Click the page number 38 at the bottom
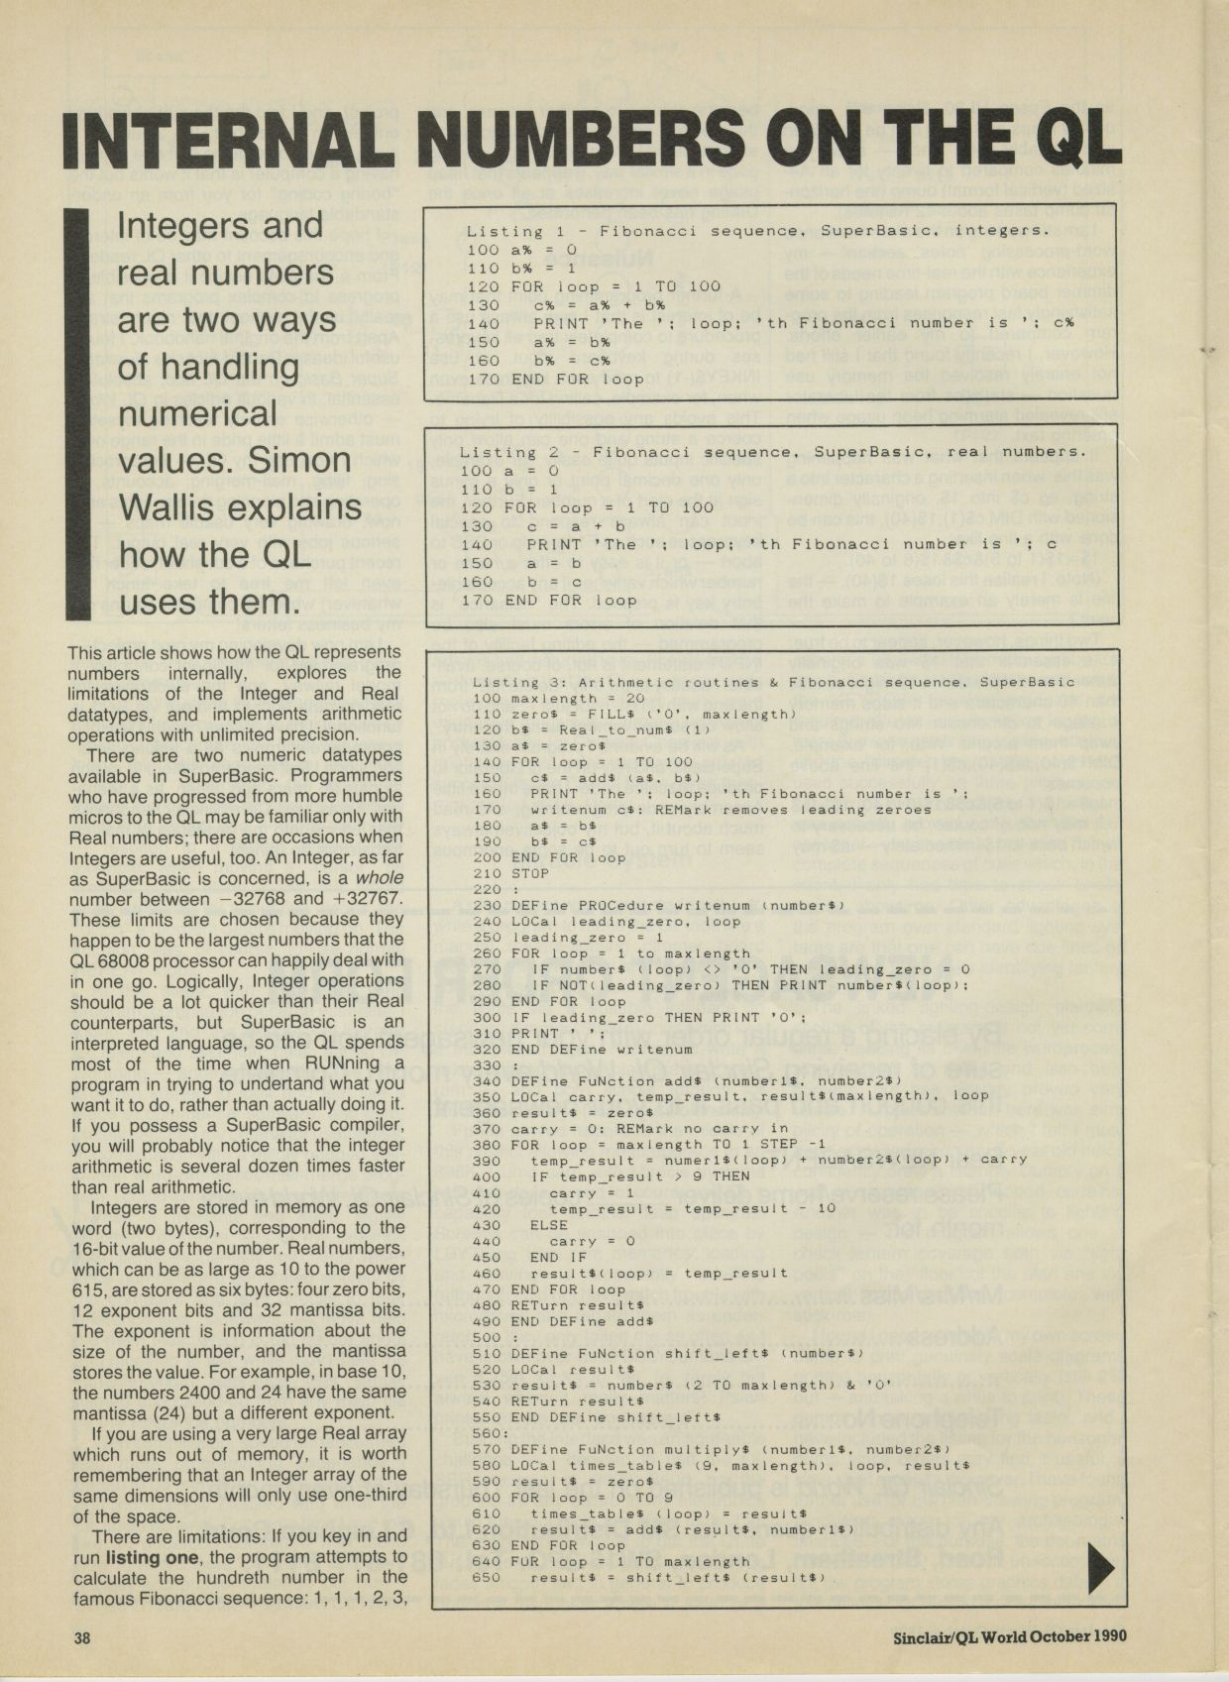point(82,1637)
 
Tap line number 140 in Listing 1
point(483,323)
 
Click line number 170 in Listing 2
point(476,600)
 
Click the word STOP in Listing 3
point(530,873)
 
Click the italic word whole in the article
point(380,877)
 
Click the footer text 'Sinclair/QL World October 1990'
point(1009,1636)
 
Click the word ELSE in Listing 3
point(549,1224)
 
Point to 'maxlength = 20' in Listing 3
point(565,698)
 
